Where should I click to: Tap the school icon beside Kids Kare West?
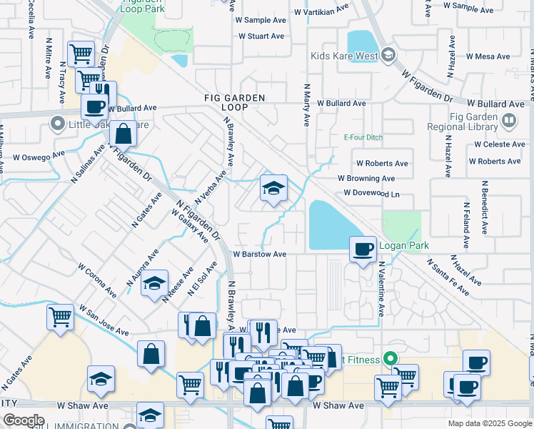pos(388,54)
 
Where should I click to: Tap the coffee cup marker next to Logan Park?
pos(363,249)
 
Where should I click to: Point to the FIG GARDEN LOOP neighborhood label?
pos(235,102)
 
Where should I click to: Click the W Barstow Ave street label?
pos(260,254)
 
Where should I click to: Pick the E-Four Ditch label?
pos(364,137)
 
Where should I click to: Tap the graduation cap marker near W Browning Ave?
pos(273,189)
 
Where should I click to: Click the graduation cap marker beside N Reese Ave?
pos(154,285)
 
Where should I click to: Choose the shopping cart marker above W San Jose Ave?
pos(60,317)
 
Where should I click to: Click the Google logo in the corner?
pos(24,420)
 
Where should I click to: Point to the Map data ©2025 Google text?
pos(490,423)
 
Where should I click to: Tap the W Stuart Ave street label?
pos(261,36)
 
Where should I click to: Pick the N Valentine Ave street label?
pos(381,290)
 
